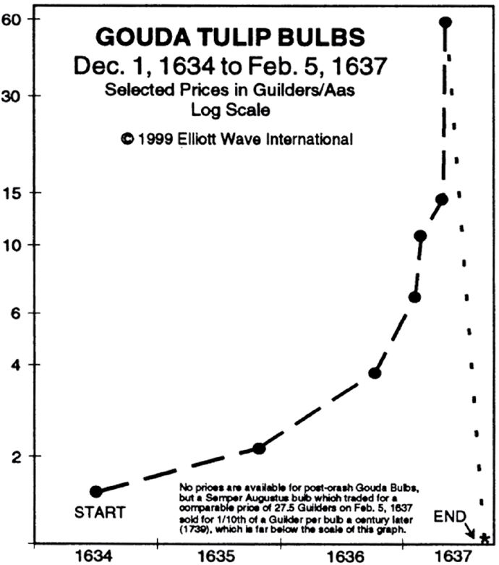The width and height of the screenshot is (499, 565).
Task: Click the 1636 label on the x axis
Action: click(344, 556)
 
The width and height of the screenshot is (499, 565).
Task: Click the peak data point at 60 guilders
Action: click(445, 22)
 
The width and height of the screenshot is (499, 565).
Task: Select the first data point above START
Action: click(95, 492)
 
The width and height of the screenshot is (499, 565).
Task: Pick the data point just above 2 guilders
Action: click(259, 449)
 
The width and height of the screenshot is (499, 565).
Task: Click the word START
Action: click(100, 513)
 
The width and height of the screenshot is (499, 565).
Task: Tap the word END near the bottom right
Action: click(445, 517)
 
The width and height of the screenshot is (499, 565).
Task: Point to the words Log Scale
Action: click(231, 110)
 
